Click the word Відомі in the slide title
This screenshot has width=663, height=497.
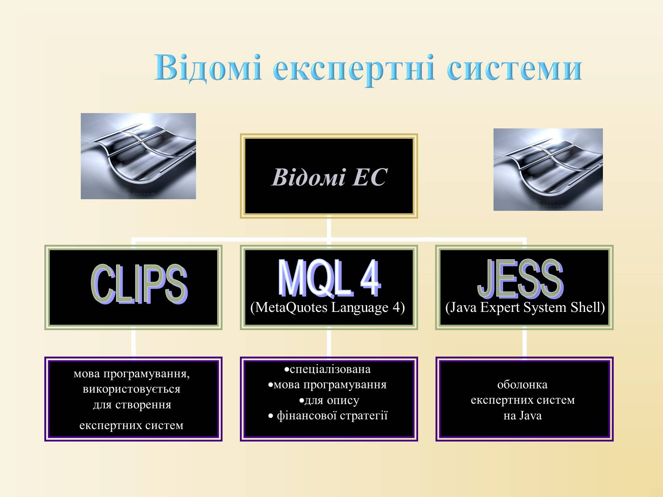pyautogui.click(x=208, y=68)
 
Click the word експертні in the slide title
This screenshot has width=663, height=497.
pyautogui.click(x=354, y=70)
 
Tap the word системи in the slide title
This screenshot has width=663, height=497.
pyautogui.click(x=514, y=69)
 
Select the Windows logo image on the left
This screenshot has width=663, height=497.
pyautogui.click(x=138, y=156)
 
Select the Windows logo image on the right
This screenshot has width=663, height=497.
pyautogui.click(x=548, y=169)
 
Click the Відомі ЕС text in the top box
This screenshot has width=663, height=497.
pyautogui.click(x=329, y=177)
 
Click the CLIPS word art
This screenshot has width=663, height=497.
pyautogui.click(x=139, y=284)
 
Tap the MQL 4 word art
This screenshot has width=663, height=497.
pyautogui.click(x=329, y=278)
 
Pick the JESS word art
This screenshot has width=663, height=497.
pyautogui.click(x=520, y=278)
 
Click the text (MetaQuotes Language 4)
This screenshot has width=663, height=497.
pyautogui.click(x=328, y=307)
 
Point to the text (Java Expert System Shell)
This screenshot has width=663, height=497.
pyautogui.click(x=525, y=307)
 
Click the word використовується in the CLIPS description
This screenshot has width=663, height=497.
pyautogui.click(x=132, y=389)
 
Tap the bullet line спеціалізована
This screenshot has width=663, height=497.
pyautogui.click(x=327, y=369)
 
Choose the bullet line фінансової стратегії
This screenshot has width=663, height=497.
pyautogui.click(x=328, y=416)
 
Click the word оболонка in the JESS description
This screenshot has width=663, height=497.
pyautogui.click(x=522, y=385)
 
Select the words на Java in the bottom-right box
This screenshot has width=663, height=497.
pyautogui.click(x=523, y=416)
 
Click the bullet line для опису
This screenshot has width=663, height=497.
pyautogui.click(x=329, y=400)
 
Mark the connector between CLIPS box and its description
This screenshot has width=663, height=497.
pyautogui.click(x=133, y=343)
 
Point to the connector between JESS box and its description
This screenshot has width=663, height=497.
pyautogui.click(x=524, y=343)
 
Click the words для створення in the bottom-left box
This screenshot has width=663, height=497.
pyautogui.click(x=132, y=405)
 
